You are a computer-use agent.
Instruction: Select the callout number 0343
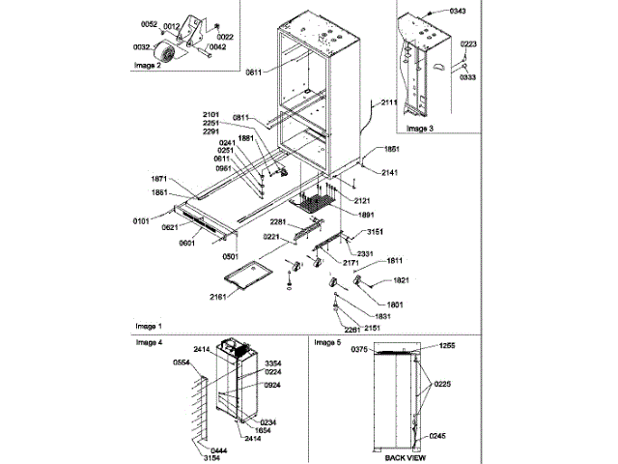click(x=457, y=10)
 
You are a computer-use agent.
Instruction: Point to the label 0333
click(x=468, y=76)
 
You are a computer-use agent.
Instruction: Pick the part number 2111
click(x=388, y=101)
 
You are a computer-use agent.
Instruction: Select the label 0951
click(x=224, y=168)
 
